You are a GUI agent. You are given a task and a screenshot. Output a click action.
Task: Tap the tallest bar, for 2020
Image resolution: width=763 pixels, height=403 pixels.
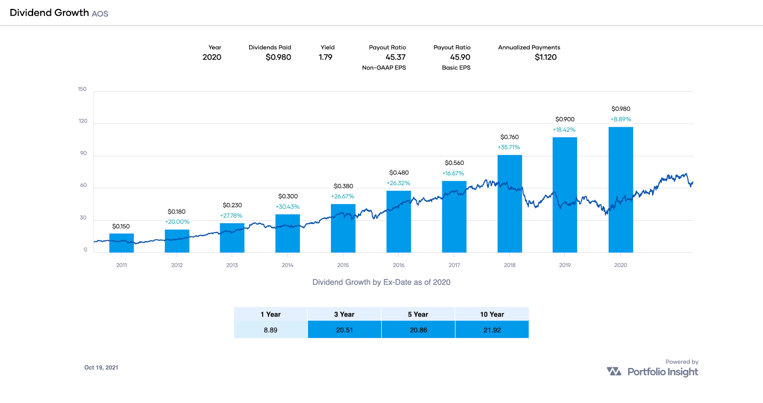click(x=621, y=190)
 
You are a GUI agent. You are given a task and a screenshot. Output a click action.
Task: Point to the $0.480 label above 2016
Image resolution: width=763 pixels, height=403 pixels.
click(x=399, y=173)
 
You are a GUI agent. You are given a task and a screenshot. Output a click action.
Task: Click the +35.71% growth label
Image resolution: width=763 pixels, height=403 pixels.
click(x=509, y=147)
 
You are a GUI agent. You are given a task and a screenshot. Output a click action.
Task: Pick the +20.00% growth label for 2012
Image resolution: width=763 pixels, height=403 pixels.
click(x=177, y=222)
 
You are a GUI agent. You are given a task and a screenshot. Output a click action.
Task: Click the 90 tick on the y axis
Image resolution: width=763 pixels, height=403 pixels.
click(x=83, y=153)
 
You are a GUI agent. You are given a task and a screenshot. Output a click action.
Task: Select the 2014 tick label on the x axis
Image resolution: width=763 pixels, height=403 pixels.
click(x=287, y=265)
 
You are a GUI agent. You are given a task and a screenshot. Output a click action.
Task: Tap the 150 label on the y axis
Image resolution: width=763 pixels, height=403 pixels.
click(x=82, y=89)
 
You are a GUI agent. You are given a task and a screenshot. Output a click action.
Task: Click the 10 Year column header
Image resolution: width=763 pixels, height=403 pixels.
click(x=492, y=314)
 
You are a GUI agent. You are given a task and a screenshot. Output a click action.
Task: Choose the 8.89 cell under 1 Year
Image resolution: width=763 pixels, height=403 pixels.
click(x=270, y=330)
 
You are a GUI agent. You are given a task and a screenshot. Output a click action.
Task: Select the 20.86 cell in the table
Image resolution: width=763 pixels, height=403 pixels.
click(x=418, y=330)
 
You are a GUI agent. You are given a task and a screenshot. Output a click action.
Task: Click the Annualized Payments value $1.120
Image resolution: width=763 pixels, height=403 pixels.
click(x=545, y=57)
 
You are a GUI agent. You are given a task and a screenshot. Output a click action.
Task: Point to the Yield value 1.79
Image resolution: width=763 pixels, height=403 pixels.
click(x=325, y=57)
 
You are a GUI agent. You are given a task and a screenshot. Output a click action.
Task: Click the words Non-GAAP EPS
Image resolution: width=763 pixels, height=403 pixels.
click(x=384, y=68)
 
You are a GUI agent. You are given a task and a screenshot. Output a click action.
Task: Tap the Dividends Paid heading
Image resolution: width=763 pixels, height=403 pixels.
click(x=270, y=47)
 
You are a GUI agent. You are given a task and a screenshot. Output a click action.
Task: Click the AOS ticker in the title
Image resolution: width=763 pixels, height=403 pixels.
click(x=100, y=14)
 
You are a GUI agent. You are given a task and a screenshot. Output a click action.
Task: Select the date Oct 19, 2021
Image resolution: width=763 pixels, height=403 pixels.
click(x=101, y=368)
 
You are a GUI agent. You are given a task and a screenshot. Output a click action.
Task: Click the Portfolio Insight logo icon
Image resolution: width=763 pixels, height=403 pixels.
click(x=614, y=371)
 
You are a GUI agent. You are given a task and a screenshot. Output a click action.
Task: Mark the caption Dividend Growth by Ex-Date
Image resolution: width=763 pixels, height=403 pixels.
click(x=381, y=282)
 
